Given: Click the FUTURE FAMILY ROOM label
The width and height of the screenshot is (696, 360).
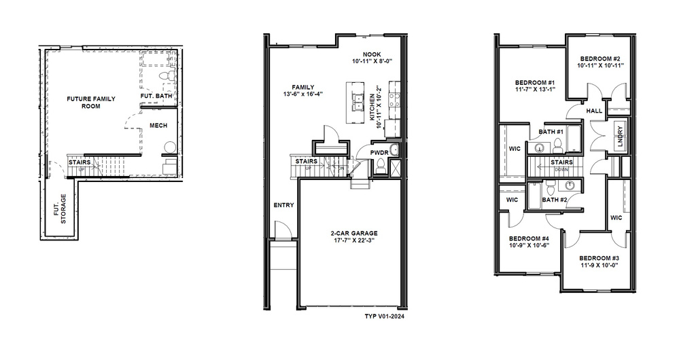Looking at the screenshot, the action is [x=91, y=103].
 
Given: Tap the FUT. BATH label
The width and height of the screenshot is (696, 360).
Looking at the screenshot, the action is [x=156, y=96].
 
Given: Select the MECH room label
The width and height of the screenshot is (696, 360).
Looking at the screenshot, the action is [x=158, y=126].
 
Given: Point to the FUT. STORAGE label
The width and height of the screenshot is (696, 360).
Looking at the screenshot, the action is [x=60, y=209].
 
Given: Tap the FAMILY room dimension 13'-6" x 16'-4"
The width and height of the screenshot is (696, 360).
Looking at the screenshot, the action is [x=303, y=94].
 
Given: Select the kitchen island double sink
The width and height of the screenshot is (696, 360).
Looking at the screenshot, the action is [x=358, y=103].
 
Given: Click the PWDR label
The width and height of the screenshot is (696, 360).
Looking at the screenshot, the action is [x=379, y=153].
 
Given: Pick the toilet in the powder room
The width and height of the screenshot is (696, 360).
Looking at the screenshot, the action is [x=380, y=166].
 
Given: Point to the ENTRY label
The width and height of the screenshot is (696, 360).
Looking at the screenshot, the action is [x=283, y=205].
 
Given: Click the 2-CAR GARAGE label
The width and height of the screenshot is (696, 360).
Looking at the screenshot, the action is [x=353, y=233].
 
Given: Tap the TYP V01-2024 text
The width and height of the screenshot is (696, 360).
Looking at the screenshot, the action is [x=385, y=317].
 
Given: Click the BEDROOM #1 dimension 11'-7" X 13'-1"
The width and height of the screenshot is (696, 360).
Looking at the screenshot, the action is [x=536, y=89].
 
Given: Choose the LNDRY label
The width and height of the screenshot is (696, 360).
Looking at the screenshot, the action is [x=620, y=136].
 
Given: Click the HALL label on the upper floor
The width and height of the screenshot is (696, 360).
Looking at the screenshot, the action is [x=594, y=111].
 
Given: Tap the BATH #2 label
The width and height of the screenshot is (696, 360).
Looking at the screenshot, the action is [x=555, y=200].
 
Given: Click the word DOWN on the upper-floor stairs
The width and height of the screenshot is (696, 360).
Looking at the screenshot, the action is [x=561, y=169].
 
